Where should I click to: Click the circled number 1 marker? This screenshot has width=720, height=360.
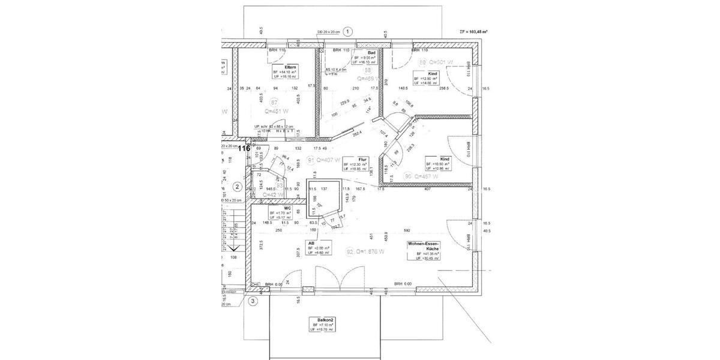pos(349,31)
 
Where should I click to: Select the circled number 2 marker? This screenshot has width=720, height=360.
pos(237,186)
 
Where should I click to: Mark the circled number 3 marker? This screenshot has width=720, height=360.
pos(253,301)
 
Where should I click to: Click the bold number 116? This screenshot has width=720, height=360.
pos(244,148)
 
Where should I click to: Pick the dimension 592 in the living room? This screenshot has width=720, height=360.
pos(406,230)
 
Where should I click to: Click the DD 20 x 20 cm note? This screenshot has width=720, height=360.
pos(328,32)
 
